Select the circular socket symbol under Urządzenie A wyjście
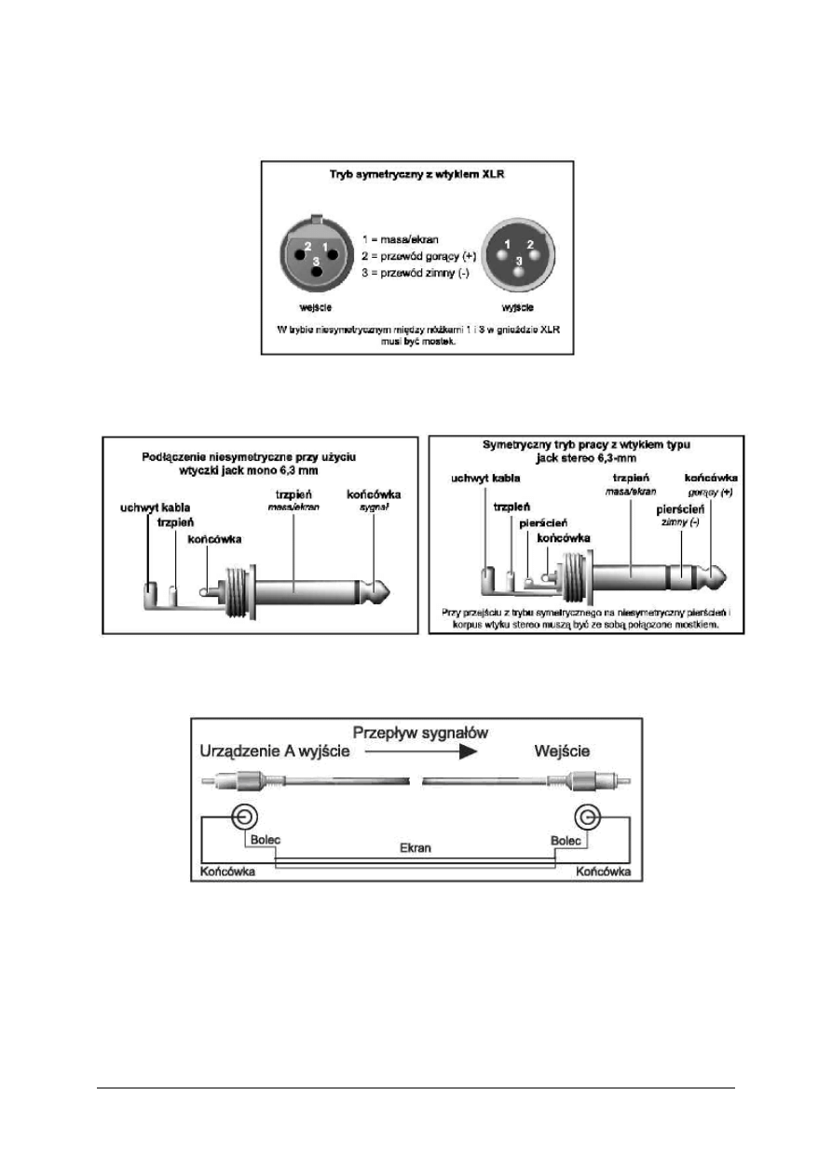244,817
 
